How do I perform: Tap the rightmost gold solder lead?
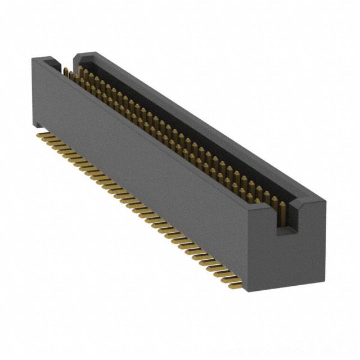[x=235, y=286]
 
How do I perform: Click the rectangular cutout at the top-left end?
[x=56, y=64]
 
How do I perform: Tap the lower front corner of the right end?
[x=246, y=289]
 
